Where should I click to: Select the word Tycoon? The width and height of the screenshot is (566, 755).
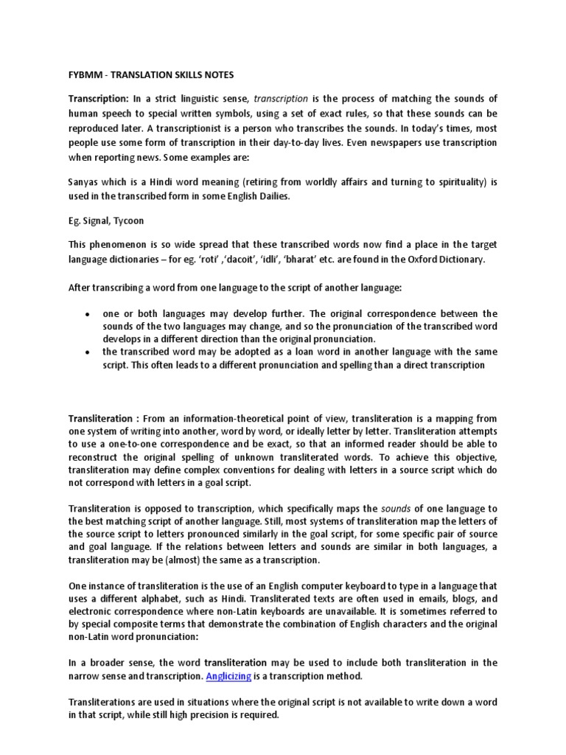(131, 219)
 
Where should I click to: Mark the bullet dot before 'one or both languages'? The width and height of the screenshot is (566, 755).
(87, 314)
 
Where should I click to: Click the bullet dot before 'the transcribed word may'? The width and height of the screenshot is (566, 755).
(87, 352)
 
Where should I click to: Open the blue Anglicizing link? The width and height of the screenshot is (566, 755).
(228, 676)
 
